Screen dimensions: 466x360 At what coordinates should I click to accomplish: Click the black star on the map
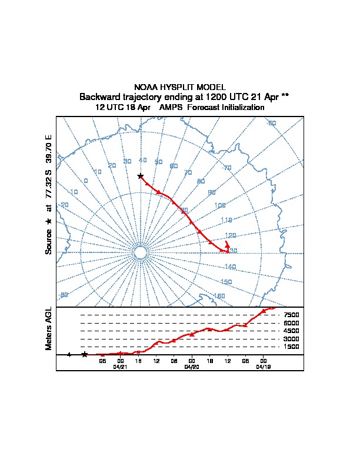[x=140, y=176]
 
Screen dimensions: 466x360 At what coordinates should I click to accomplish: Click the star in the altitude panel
[x=85, y=354]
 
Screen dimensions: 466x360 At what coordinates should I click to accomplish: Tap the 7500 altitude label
[x=292, y=315]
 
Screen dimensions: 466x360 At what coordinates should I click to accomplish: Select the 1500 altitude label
[x=292, y=347]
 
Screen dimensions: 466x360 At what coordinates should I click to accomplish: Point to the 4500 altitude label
[x=292, y=331]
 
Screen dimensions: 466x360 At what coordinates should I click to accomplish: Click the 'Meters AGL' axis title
[x=49, y=329]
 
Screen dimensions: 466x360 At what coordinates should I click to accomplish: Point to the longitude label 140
[x=230, y=267]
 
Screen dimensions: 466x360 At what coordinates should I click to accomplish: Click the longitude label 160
[x=219, y=296]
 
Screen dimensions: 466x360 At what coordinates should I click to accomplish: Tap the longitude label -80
[x=64, y=295]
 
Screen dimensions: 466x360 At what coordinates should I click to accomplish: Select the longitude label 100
[x=220, y=205]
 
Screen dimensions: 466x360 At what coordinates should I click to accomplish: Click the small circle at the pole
[x=140, y=252]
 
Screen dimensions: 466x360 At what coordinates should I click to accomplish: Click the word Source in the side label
[x=49, y=241]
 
